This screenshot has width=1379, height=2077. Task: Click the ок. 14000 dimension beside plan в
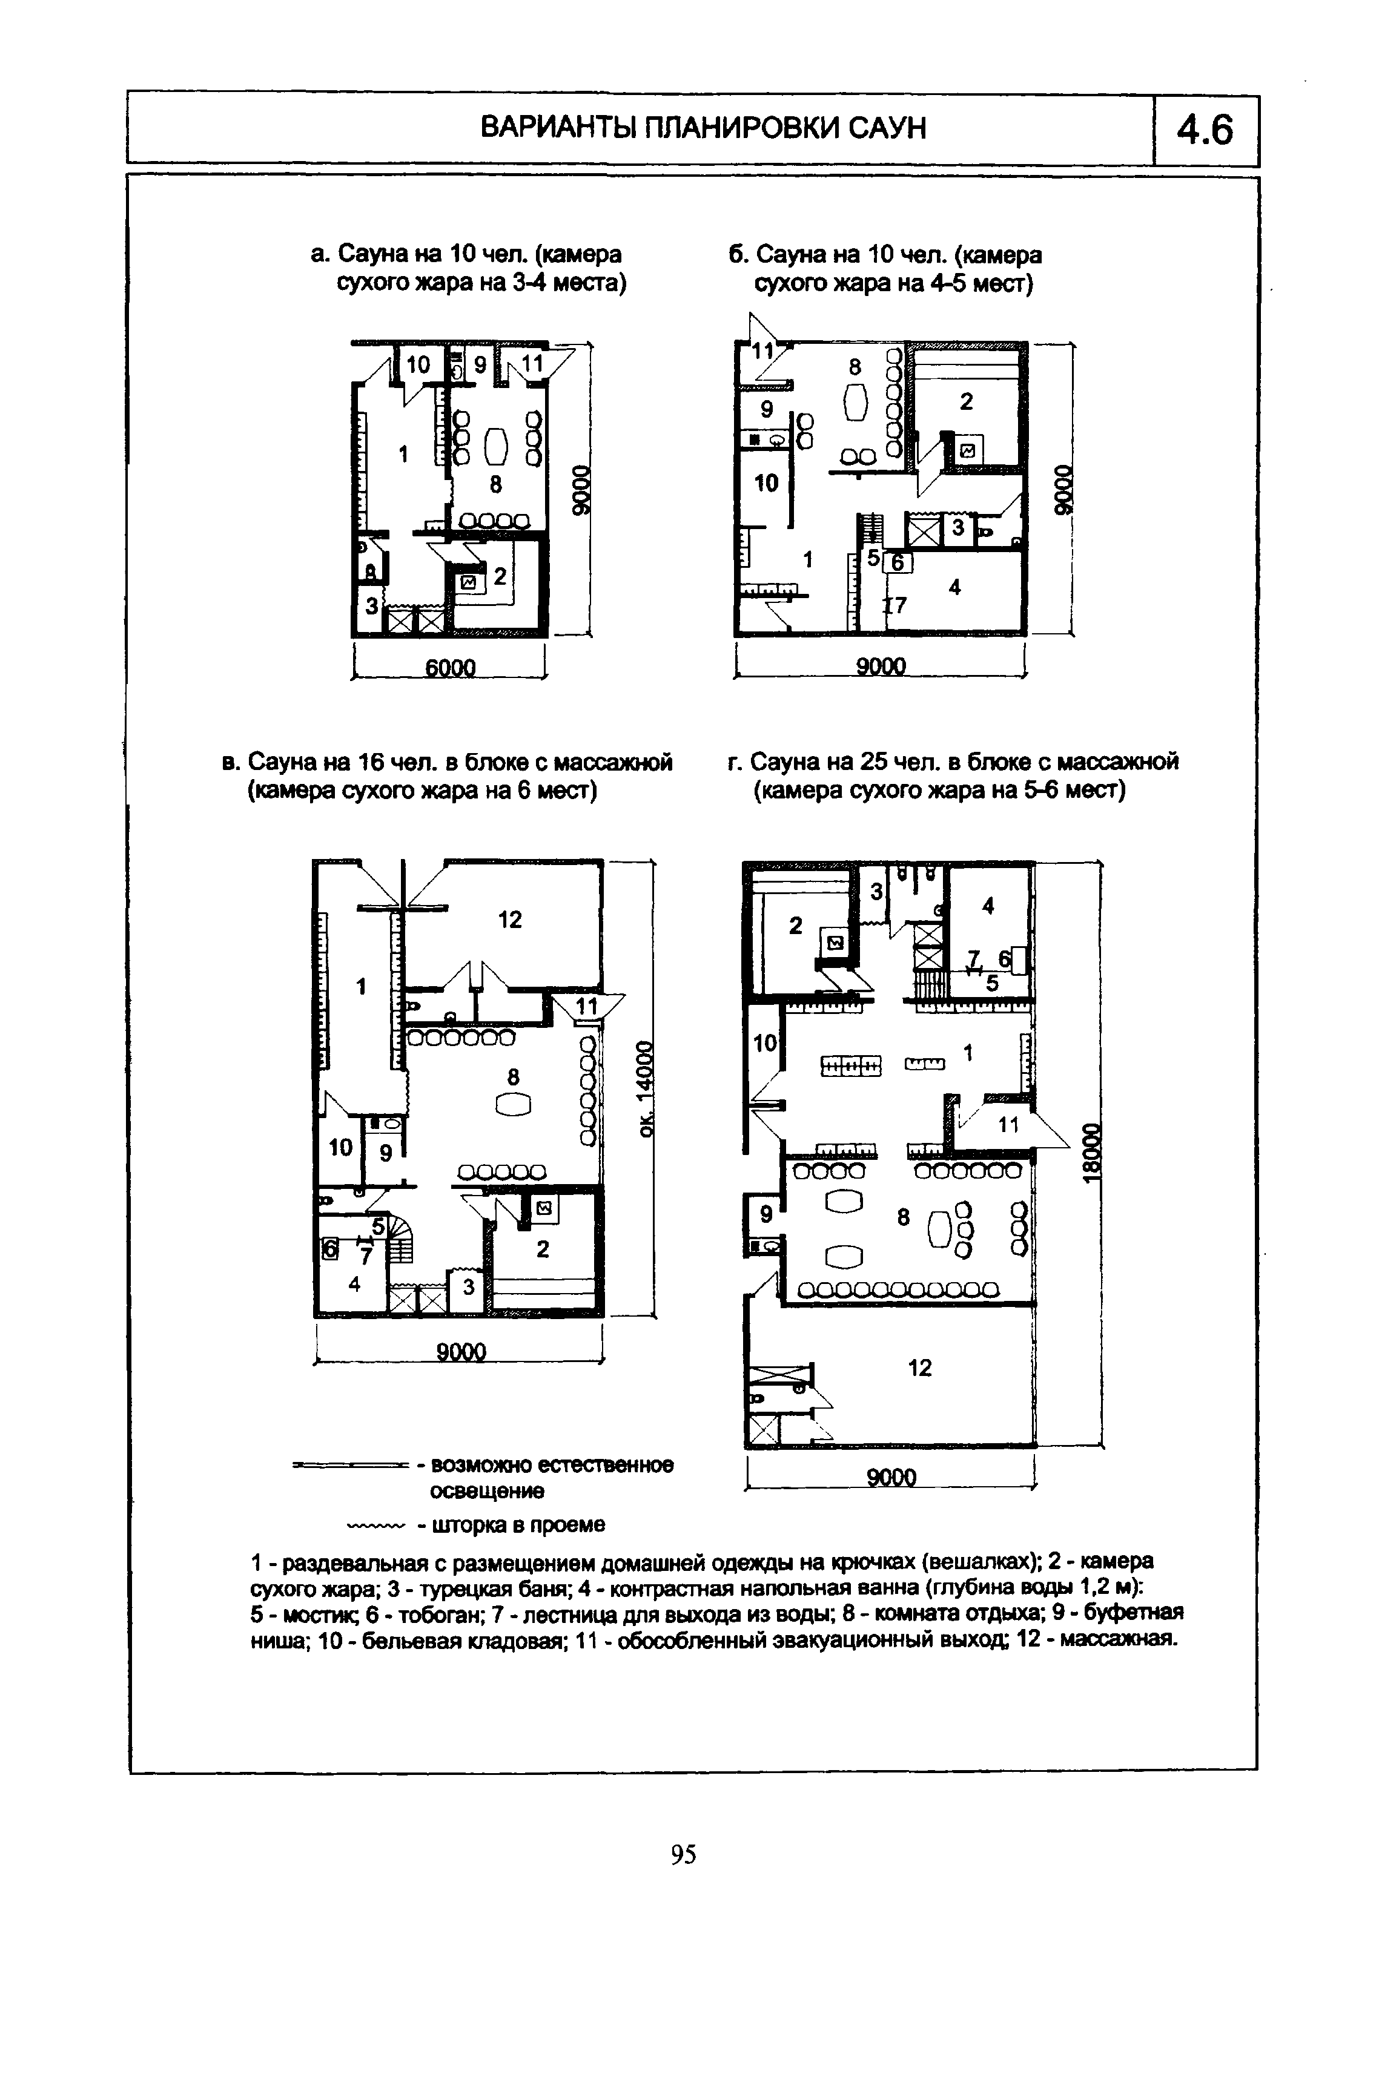pyautogui.click(x=646, y=1089)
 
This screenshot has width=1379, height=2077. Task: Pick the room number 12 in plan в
pyautogui.click(x=510, y=920)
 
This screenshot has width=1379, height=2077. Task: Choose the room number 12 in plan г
pyautogui.click(x=919, y=1368)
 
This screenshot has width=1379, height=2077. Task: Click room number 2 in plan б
pyautogui.click(x=967, y=402)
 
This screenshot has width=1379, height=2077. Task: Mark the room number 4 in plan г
pyautogui.click(x=988, y=906)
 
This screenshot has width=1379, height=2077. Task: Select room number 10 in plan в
pyautogui.click(x=340, y=1147)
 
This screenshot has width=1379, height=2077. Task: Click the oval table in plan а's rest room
pyautogui.click(x=496, y=447)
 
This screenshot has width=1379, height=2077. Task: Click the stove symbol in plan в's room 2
pyautogui.click(x=543, y=1210)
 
